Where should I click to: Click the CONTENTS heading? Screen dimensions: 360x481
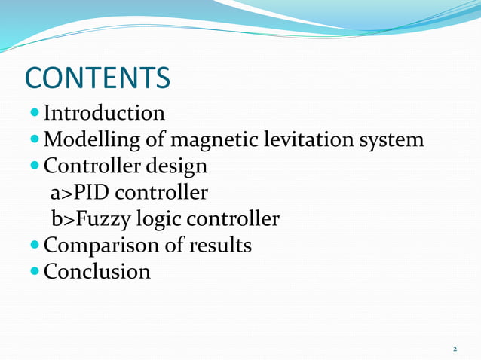(x=98, y=78)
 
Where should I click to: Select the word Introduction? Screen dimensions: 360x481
(x=104, y=114)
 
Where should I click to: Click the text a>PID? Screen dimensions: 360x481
(x=79, y=193)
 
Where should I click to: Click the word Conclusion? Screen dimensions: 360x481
(x=97, y=271)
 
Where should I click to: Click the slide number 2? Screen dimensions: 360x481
(x=455, y=349)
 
